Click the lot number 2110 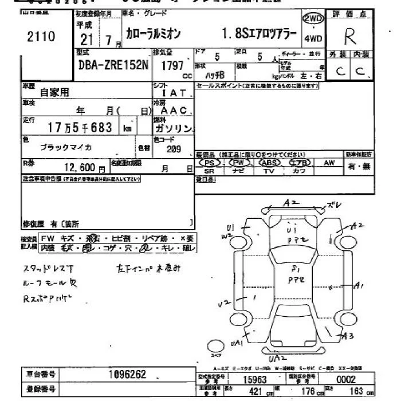tap(41, 37)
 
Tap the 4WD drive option tap(313, 39)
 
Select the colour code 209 tap(173, 148)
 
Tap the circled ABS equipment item tap(268, 163)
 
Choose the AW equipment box tap(329, 163)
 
